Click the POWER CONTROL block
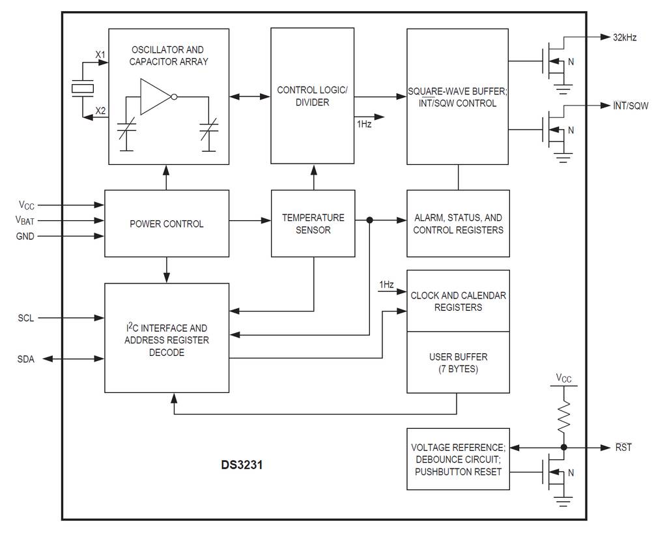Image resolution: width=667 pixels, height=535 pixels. pos(167,224)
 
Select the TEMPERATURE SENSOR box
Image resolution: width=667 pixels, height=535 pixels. pos(313,224)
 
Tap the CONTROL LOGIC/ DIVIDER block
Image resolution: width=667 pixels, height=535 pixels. pos(312,96)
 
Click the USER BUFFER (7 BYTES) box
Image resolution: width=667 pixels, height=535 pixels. pos(458,362)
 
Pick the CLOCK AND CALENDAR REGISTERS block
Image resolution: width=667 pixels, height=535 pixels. pos(458,301)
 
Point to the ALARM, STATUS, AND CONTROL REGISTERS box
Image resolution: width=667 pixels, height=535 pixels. pos(458,224)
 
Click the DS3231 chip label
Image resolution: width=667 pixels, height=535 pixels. pos(242,465)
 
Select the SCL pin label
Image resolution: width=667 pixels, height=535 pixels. pos(26,318)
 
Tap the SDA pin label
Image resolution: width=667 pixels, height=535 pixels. pos(26,359)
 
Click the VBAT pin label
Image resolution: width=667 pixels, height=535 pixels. pos(25,220)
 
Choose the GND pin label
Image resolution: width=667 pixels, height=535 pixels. pos(25,237)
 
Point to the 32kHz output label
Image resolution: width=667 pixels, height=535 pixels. pos(625,37)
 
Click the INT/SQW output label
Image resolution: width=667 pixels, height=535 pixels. pos(631,106)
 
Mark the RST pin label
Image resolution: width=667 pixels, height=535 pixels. pos(623,448)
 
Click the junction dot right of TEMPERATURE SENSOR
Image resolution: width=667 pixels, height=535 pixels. pos(369,220)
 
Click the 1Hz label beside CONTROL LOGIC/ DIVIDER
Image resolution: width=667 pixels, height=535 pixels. pos(364,124)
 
